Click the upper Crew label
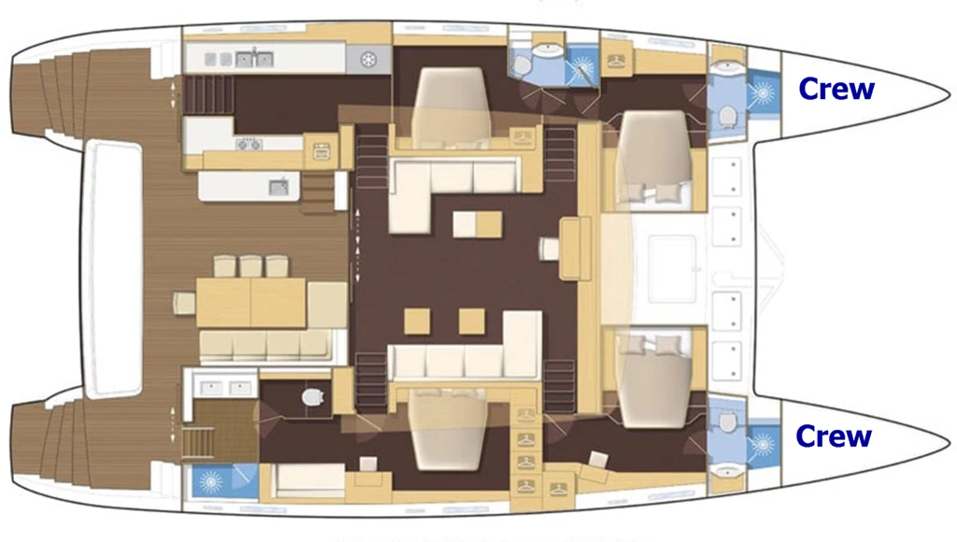click(x=836, y=89)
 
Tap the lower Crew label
click(x=834, y=435)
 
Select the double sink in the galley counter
click(x=254, y=59)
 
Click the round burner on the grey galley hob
click(x=368, y=60)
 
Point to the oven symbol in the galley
click(x=321, y=150)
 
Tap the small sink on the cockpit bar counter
click(x=279, y=186)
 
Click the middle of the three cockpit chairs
click(x=250, y=266)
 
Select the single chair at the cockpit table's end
click(x=184, y=304)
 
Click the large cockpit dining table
click(x=250, y=303)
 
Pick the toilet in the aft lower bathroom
click(x=312, y=397)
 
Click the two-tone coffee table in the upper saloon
click(x=478, y=224)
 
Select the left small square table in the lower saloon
click(x=417, y=321)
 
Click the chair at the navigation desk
click(x=549, y=249)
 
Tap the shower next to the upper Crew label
click(x=763, y=93)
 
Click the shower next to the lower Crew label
click(x=763, y=444)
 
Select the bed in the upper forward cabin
click(x=653, y=156)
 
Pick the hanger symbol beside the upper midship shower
click(x=616, y=62)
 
